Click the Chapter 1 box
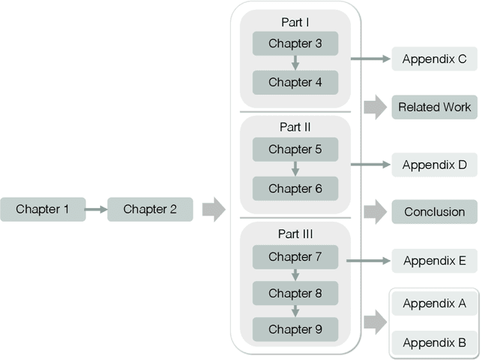pos(43,209)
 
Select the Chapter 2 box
pos(150,209)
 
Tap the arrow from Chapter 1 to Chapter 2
pos(96,209)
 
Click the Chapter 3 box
pos(295,44)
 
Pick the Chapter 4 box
pos(295,82)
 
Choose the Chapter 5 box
pos(295,150)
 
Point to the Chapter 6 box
pos(295,188)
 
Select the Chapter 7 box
pos(295,256)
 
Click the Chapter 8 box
pos(295,292)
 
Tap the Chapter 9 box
pos(295,328)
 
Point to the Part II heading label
pos(295,127)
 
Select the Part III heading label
pos(295,234)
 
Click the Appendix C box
pos(434,59)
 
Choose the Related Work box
pos(434,107)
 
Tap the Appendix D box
pos(434,165)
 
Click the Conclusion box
pos(434,212)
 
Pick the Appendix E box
pos(434,261)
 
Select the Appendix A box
pos(434,304)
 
